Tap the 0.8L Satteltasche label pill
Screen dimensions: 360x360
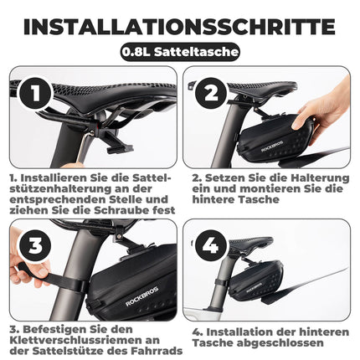[x=180, y=53]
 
